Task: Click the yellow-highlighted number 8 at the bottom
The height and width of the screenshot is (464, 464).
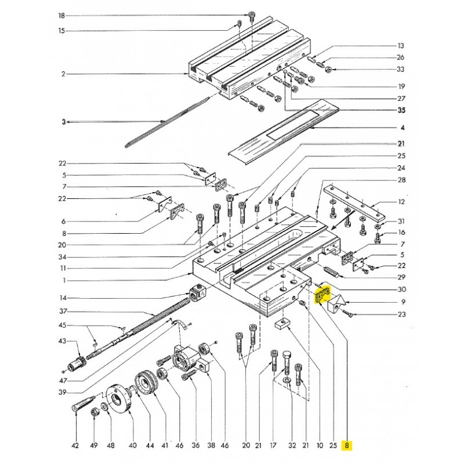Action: click(x=346, y=445)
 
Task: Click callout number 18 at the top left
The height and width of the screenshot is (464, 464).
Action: click(x=61, y=16)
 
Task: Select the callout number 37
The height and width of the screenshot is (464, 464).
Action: click(x=63, y=311)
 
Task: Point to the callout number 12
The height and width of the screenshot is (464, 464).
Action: click(x=401, y=202)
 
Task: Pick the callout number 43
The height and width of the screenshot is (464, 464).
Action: click(x=62, y=341)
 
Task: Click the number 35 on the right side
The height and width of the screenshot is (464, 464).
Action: click(x=401, y=110)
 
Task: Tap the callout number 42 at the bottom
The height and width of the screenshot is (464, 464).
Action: click(x=75, y=445)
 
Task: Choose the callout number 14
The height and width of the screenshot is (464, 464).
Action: click(x=63, y=298)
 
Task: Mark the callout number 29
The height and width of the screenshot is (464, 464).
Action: click(x=401, y=277)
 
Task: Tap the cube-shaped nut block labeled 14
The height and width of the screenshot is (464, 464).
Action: click(x=197, y=293)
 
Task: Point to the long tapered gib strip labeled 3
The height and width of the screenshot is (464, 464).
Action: click(x=168, y=121)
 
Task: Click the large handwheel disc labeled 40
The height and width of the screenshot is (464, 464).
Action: click(x=118, y=401)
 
